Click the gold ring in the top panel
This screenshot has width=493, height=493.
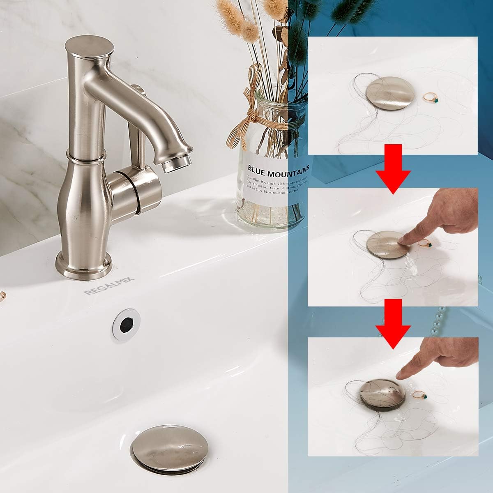coord(430,97)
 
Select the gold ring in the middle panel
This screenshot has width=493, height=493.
coord(425,244)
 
